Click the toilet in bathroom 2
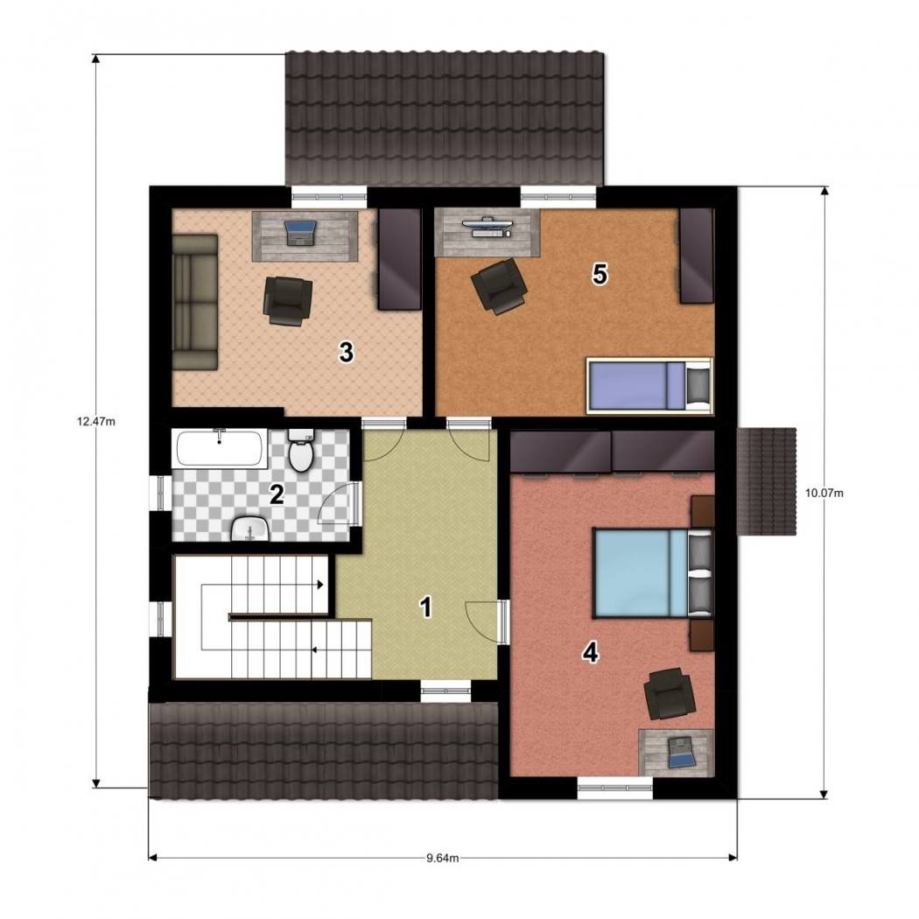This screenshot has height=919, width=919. click(301, 450)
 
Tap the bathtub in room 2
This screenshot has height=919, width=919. click(220, 448)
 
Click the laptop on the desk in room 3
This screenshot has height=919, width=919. click(300, 232)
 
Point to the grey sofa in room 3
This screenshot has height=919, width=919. click(195, 302)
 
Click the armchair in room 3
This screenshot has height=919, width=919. click(288, 300)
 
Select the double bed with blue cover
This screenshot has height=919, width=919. click(654, 572)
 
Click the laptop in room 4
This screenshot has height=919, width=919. click(680, 752)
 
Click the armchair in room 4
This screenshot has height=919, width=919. click(670, 693)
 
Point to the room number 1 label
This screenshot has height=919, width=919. click(427, 607)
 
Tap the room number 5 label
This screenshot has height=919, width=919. click(600, 274)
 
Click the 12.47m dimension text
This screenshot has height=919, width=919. click(96, 421)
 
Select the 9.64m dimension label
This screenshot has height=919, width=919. click(443, 858)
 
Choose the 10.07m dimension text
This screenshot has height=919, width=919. click(824, 493)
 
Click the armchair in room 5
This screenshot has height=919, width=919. click(499, 286)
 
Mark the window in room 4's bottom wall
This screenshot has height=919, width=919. click(614, 788)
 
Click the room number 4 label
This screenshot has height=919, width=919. click(590, 652)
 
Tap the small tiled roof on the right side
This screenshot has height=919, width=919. click(767, 481)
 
